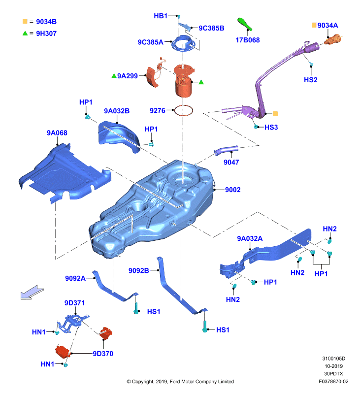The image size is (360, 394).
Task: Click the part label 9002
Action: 232,190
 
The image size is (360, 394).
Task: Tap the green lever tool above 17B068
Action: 245,24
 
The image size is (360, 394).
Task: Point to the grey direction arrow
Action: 32,292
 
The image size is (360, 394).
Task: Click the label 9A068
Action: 57,133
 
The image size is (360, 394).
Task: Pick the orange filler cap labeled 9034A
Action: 333,40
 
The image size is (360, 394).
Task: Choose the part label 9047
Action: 231,163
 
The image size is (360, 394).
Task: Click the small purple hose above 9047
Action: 226,150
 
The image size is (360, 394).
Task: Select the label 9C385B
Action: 212,28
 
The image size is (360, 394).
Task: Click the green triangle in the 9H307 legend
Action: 25,33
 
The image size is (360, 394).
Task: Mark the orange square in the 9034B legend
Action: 25,21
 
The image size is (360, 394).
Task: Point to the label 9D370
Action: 103,354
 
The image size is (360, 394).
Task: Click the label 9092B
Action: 139,270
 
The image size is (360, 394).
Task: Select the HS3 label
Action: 271,127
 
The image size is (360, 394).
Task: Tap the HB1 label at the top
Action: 161,16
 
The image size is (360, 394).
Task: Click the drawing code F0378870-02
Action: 333,381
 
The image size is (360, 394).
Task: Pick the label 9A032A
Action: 250,238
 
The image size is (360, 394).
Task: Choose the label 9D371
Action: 74,303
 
